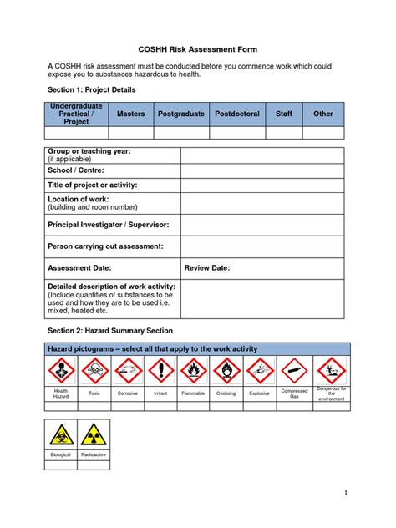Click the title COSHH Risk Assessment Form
(197, 50)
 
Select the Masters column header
(131, 114)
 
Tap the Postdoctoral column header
(237, 114)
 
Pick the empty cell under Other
(322, 132)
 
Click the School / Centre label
(76, 170)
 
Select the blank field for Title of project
(262, 185)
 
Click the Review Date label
(207, 267)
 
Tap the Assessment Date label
(79, 267)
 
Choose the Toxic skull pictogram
(94, 370)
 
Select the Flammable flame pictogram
(193, 370)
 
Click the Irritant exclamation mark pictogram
(160, 370)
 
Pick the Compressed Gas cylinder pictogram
(294, 370)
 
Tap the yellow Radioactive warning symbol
(94, 434)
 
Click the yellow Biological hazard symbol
(61, 434)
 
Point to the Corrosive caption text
(128, 392)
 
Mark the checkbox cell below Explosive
(260, 405)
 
